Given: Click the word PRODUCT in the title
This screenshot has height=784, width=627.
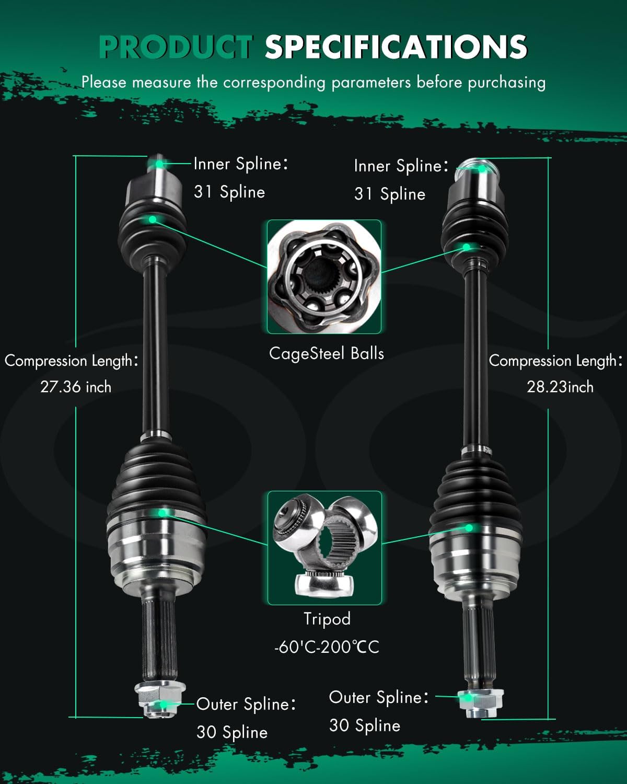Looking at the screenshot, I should (x=176, y=47).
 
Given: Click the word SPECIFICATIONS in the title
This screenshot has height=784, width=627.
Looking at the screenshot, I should (x=396, y=47).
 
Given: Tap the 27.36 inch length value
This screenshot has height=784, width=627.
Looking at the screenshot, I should (x=76, y=387).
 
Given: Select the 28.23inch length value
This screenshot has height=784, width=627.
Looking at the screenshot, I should (x=560, y=387).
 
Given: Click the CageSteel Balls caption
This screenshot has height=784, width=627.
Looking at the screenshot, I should (x=326, y=354).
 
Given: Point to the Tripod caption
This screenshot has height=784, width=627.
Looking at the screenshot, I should (x=327, y=619).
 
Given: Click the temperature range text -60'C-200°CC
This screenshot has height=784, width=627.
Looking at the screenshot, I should (x=327, y=647).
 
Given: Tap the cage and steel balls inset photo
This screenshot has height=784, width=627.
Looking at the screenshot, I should (x=324, y=276).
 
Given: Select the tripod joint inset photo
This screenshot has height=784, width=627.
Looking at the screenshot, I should (x=324, y=548).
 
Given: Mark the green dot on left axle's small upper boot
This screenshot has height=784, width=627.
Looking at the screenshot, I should (x=152, y=220).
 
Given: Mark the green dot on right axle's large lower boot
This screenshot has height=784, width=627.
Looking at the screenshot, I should (x=469, y=528).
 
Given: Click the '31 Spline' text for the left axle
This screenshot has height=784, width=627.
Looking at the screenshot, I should (x=229, y=192).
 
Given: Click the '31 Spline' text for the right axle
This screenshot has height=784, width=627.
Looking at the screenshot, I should (x=390, y=194).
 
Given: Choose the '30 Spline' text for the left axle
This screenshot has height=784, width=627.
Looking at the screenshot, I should (x=232, y=732).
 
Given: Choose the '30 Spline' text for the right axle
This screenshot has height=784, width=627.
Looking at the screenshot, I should (x=365, y=725).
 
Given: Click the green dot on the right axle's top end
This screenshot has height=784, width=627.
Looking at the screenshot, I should (x=481, y=168).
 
